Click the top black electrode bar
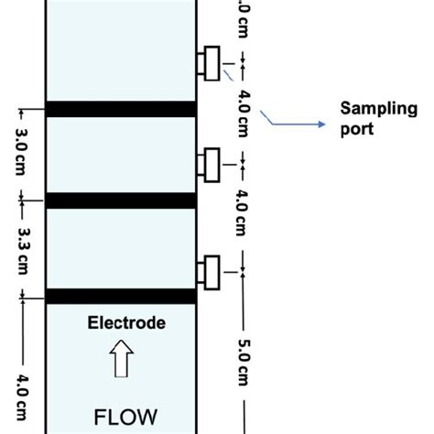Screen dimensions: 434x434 pos(121,109)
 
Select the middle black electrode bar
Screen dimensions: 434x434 pos(121,201)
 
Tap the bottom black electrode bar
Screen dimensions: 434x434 pos(121,297)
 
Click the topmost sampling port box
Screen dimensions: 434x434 pos(210,63)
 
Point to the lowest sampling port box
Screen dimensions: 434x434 pos(210,272)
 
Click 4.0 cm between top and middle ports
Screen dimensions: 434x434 pos(243,114)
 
